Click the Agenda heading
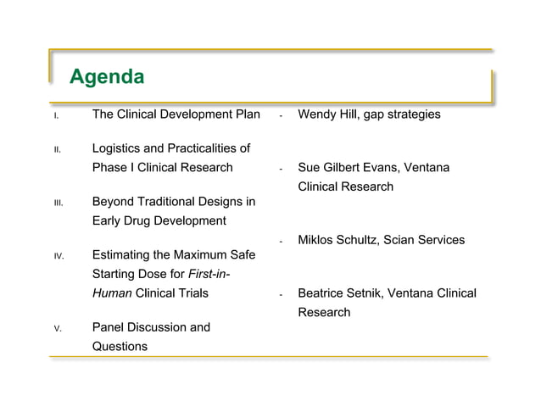click(x=106, y=77)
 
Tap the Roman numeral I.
click(x=55, y=115)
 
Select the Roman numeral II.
click(x=56, y=151)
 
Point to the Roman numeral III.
click(x=57, y=203)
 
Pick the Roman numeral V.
click(x=56, y=328)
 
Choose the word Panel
click(x=109, y=327)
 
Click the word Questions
click(x=120, y=346)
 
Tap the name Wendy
click(x=317, y=114)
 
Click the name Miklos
click(x=317, y=240)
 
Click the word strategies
click(x=412, y=114)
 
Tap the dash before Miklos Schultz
click(x=281, y=242)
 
